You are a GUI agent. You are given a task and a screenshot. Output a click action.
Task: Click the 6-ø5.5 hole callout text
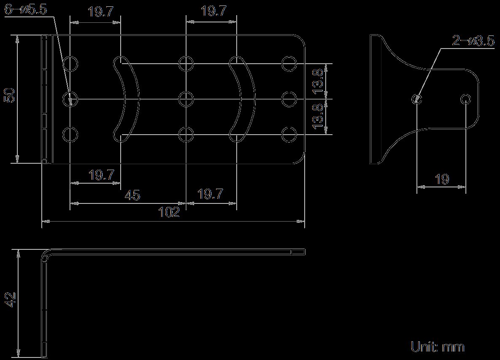(26, 9)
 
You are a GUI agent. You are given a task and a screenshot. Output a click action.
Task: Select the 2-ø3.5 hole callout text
(473, 41)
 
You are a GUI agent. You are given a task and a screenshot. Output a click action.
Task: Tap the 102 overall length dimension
(169, 212)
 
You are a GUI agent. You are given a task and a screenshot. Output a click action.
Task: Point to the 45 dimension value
(132, 195)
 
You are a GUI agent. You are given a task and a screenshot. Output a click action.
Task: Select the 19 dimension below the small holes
(442, 179)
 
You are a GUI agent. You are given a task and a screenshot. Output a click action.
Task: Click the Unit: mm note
(438, 346)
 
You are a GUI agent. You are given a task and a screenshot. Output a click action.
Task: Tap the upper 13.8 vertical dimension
(319, 81)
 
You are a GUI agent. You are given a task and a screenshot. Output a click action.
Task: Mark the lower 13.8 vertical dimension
(319, 116)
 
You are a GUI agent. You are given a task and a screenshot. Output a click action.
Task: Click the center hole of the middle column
(186, 99)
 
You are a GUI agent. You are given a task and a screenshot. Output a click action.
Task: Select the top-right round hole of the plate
(289, 63)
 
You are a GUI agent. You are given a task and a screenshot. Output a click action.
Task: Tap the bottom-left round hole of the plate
(70, 135)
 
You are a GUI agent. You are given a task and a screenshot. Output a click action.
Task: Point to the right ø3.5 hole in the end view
(465, 99)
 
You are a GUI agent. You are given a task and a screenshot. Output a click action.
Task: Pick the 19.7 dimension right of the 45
(211, 194)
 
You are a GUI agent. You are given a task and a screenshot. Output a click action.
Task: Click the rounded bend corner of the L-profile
(45, 254)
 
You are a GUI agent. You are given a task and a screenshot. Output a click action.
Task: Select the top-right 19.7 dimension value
(214, 11)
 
